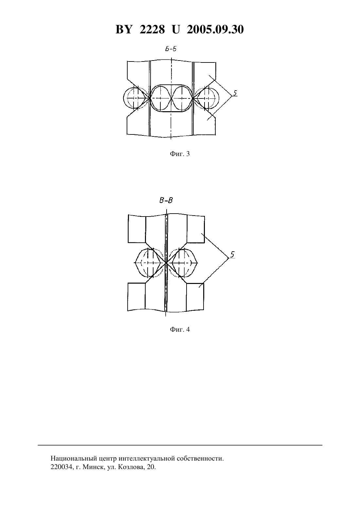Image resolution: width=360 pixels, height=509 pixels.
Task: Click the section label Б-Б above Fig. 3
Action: click(171, 49)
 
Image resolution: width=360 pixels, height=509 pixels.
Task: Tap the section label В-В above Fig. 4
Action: click(166, 201)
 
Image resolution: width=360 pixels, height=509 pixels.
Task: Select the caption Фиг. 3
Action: click(180, 154)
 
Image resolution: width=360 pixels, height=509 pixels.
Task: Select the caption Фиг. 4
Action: click(180, 329)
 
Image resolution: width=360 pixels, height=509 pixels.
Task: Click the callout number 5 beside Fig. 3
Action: click(235, 93)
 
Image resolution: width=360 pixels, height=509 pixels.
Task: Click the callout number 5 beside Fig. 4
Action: click(232, 254)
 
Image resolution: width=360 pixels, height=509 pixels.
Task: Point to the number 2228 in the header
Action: click(152, 29)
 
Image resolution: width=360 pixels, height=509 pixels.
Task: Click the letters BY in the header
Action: click(124, 29)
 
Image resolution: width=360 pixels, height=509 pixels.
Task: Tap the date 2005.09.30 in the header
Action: click(215, 29)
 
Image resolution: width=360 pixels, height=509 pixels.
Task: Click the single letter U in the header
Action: click(176, 29)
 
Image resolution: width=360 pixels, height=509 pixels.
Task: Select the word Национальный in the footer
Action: click(69, 458)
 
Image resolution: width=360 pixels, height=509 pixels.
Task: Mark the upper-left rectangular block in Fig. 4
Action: click(137, 229)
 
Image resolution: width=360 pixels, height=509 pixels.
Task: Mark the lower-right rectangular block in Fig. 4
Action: click(195, 297)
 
